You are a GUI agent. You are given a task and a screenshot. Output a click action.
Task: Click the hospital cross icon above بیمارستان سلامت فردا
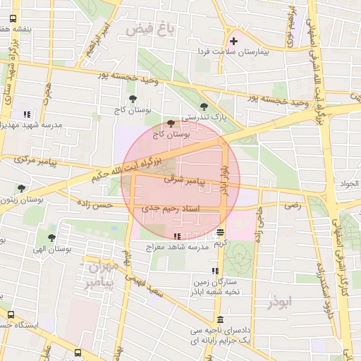[233, 41]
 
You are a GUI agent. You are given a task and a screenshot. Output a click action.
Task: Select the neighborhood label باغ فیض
[149, 30]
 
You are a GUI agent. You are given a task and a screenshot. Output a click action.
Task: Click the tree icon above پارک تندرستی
[204, 106]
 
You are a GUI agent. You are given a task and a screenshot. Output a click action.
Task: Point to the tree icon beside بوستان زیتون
[22, 188]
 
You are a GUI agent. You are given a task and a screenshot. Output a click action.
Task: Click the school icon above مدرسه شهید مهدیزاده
[27, 114]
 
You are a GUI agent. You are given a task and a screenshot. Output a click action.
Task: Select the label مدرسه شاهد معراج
[175, 247]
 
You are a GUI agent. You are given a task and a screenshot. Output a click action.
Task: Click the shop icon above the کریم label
[221, 232]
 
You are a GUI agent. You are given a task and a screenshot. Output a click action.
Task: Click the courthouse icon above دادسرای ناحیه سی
[221, 319]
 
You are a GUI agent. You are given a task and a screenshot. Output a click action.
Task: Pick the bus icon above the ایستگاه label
[11, 314]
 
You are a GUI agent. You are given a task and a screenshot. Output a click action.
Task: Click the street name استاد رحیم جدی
[171, 209]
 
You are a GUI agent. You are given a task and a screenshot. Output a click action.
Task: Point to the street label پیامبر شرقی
[183, 180]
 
